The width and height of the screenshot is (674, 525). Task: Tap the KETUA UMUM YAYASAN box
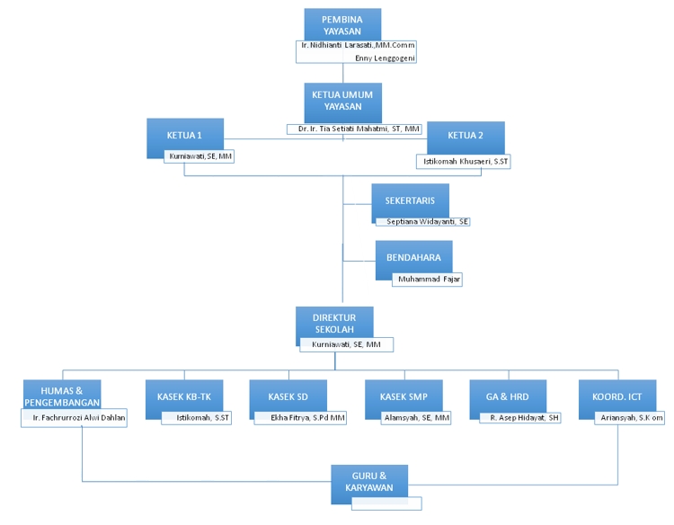click(x=341, y=100)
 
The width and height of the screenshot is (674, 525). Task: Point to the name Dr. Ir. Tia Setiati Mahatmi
click(x=359, y=129)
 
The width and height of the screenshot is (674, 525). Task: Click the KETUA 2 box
click(x=466, y=137)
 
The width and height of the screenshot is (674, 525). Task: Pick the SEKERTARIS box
click(x=411, y=200)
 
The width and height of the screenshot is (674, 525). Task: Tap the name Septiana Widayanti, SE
click(x=426, y=221)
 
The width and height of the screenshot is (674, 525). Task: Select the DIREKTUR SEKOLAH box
click(x=334, y=324)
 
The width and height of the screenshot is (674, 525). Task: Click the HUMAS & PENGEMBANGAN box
click(x=62, y=396)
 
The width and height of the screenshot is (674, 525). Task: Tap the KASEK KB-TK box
click(x=183, y=396)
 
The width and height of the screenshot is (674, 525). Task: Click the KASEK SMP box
click(x=403, y=396)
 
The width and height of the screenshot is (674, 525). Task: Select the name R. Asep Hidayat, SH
click(x=524, y=418)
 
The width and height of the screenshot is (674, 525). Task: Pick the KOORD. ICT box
click(x=617, y=396)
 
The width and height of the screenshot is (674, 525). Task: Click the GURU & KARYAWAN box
click(x=369, y=481)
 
